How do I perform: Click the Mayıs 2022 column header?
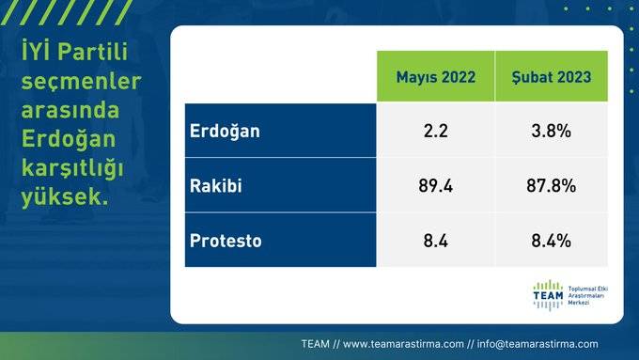click(x=435, y=76)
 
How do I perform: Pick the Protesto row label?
click(x=226, y=241)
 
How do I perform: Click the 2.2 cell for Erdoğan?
click(x=435, y=131)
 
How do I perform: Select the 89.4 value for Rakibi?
click(x=435, y=185)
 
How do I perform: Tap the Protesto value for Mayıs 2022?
click(x=435, y=241)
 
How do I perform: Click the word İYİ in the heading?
click(x=38, y=53)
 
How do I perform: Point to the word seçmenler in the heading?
click(x=81, y=83)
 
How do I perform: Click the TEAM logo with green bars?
click(x=547, y=294)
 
